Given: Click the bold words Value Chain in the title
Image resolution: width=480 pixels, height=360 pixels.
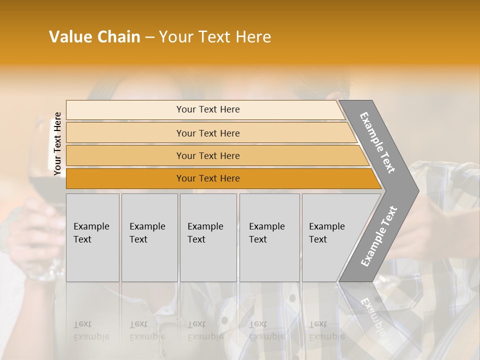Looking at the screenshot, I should [94, 37].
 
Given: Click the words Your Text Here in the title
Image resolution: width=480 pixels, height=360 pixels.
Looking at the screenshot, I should [215, 37].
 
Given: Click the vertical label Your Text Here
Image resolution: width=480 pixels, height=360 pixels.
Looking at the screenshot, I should [57, 144].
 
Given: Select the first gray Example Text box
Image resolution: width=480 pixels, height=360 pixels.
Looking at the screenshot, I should [92, 237].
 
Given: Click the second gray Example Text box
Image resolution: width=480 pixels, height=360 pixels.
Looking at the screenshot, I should [149, 237].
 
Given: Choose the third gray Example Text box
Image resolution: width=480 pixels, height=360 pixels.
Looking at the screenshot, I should [208, 237].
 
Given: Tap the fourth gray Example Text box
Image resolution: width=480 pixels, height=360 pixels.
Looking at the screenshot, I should [269, 237].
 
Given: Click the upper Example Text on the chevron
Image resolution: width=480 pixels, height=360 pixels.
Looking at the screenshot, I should [377, 142].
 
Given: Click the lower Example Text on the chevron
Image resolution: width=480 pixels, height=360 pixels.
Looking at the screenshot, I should [379, 236].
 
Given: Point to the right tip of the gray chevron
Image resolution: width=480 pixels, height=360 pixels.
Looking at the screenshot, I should [417, 190].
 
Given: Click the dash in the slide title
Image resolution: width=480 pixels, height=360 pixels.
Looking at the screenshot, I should [149, 37].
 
